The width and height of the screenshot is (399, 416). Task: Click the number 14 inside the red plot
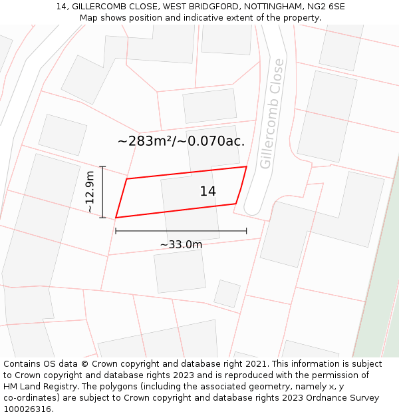tap(207, 192)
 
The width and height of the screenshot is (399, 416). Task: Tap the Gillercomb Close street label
tap(272, 114)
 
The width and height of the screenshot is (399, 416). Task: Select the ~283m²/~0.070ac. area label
tap(181, 141)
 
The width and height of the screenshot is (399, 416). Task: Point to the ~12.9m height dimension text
tap(90, 192)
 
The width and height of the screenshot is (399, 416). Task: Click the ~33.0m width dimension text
tap(181, 244)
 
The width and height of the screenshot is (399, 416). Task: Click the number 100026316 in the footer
tap(27, 409)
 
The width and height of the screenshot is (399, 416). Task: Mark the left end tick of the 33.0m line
tap(116, 231)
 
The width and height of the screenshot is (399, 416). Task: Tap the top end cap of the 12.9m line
tap(102, 166)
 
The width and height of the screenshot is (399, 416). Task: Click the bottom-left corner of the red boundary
tap(116, 217)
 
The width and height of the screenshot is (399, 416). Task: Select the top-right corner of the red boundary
tap(247, 166)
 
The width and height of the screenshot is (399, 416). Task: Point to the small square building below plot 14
tap(227, 294)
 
